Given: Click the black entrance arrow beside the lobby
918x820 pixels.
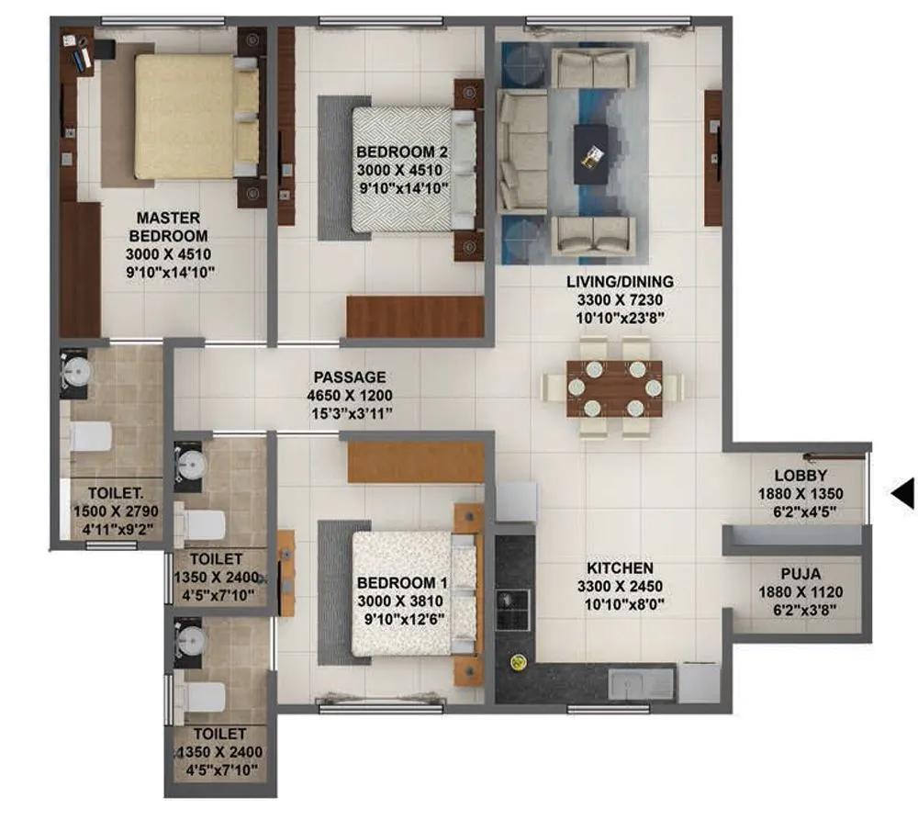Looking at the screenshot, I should click(x=903, y=494).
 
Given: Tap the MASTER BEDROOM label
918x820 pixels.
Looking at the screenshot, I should click(x=168, y=227).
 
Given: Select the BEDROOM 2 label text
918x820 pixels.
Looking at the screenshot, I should click(x=402, y=152).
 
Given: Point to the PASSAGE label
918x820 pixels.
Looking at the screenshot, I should click(x=350, y=377).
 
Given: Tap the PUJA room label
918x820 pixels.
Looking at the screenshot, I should click(x=795, y=575).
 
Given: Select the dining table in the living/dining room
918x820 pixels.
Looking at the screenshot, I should click(x=614, y=388).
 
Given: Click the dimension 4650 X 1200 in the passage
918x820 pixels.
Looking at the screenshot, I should click(x=350, y=395).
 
